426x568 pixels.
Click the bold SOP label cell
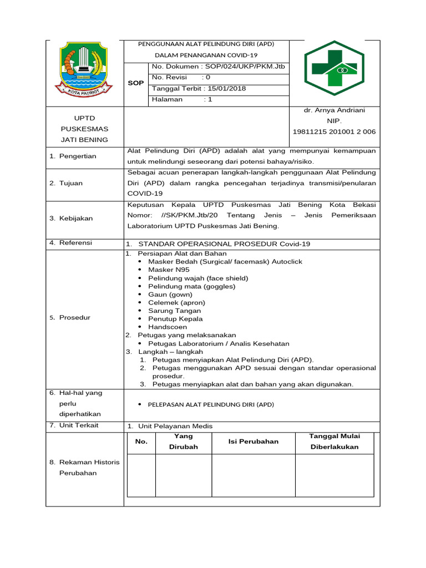136,83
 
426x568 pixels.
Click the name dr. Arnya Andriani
334,110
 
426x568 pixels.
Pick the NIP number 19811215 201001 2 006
334,131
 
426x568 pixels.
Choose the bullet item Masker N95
169,270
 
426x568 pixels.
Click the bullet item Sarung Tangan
174,311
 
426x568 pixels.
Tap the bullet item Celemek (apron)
176,302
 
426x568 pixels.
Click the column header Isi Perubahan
253,441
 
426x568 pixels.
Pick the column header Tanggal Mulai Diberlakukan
334,441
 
